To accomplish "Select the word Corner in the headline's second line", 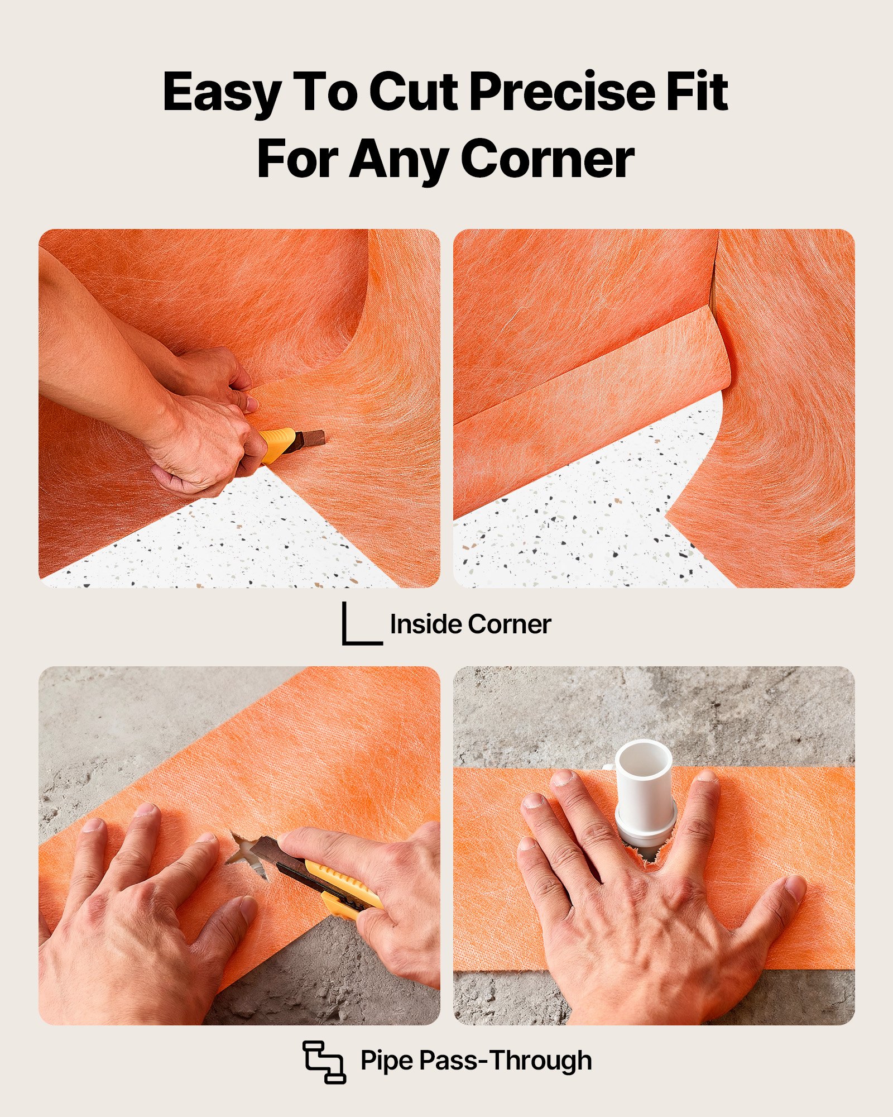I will coord(548,159).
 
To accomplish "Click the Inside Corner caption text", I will coord(470,624).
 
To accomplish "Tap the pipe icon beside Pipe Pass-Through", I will coord(324,1061).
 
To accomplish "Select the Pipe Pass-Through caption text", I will coord(476,1060).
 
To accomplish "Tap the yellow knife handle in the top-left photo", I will coord(276,444).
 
